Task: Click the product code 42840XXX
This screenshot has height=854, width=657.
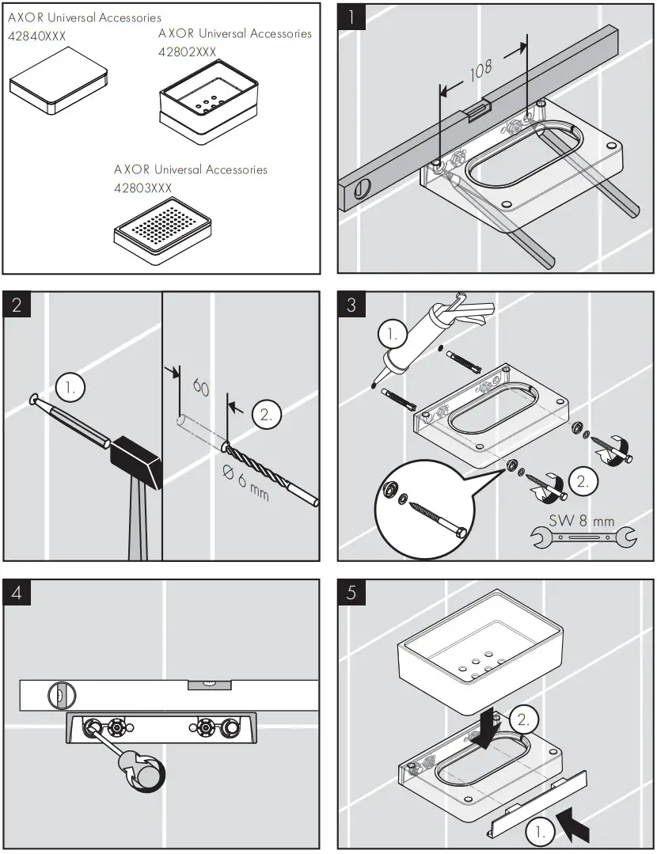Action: [x=37, y=36]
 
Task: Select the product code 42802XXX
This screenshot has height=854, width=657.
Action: [x=188, y=52]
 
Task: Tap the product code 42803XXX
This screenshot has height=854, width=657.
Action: [x=143, y=188]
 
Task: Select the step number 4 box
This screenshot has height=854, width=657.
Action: [x=18, y=594]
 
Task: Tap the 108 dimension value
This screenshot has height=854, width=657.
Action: [x=480, y=72]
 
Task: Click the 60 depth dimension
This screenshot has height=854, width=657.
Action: [x=200, y=388]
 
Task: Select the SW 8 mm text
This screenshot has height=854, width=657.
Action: [x=581, y=522]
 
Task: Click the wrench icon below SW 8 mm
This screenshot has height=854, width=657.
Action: [x=582, y=539]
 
